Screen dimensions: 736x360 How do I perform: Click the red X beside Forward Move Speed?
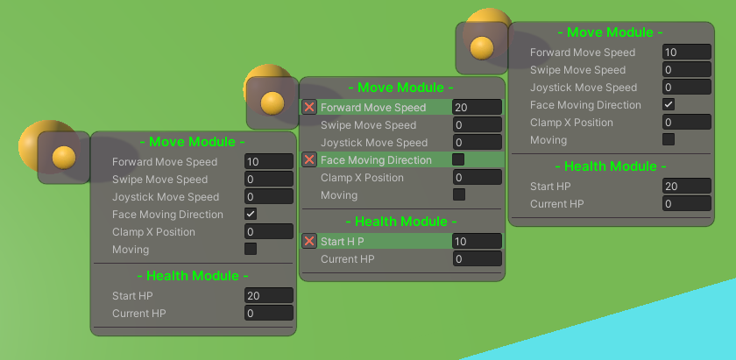point(308,107)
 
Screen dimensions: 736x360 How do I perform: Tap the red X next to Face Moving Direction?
point(308,159)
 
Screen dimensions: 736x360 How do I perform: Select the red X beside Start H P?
point(308,241)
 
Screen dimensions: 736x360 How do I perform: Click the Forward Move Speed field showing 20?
point(477,108)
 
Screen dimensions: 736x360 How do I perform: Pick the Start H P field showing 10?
point(477,241)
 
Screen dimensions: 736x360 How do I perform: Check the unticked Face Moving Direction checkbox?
point(458,159)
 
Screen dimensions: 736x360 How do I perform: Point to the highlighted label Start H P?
point(343,241)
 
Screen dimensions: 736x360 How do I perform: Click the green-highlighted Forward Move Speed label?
point(373,108)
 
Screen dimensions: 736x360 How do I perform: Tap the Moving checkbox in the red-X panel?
point(458,194)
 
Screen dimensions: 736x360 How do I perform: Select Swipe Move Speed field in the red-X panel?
point(477,125)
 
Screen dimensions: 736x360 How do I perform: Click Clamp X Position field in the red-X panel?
point(477,178)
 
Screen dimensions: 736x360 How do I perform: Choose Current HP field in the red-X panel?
point(477,258)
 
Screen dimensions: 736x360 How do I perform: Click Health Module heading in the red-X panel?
point(401,221)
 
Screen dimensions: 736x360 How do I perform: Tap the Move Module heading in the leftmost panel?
point(193,141)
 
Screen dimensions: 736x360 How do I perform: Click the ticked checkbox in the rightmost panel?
point(669,104)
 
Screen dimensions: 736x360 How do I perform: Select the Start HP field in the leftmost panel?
point(268,295)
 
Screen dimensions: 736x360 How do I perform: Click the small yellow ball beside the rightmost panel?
point(482,48)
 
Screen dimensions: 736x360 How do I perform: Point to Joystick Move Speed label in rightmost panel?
point(584,88)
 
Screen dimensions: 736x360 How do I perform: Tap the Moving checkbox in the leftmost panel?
point(251,249)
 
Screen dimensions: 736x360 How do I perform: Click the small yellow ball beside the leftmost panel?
point(64,158)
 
